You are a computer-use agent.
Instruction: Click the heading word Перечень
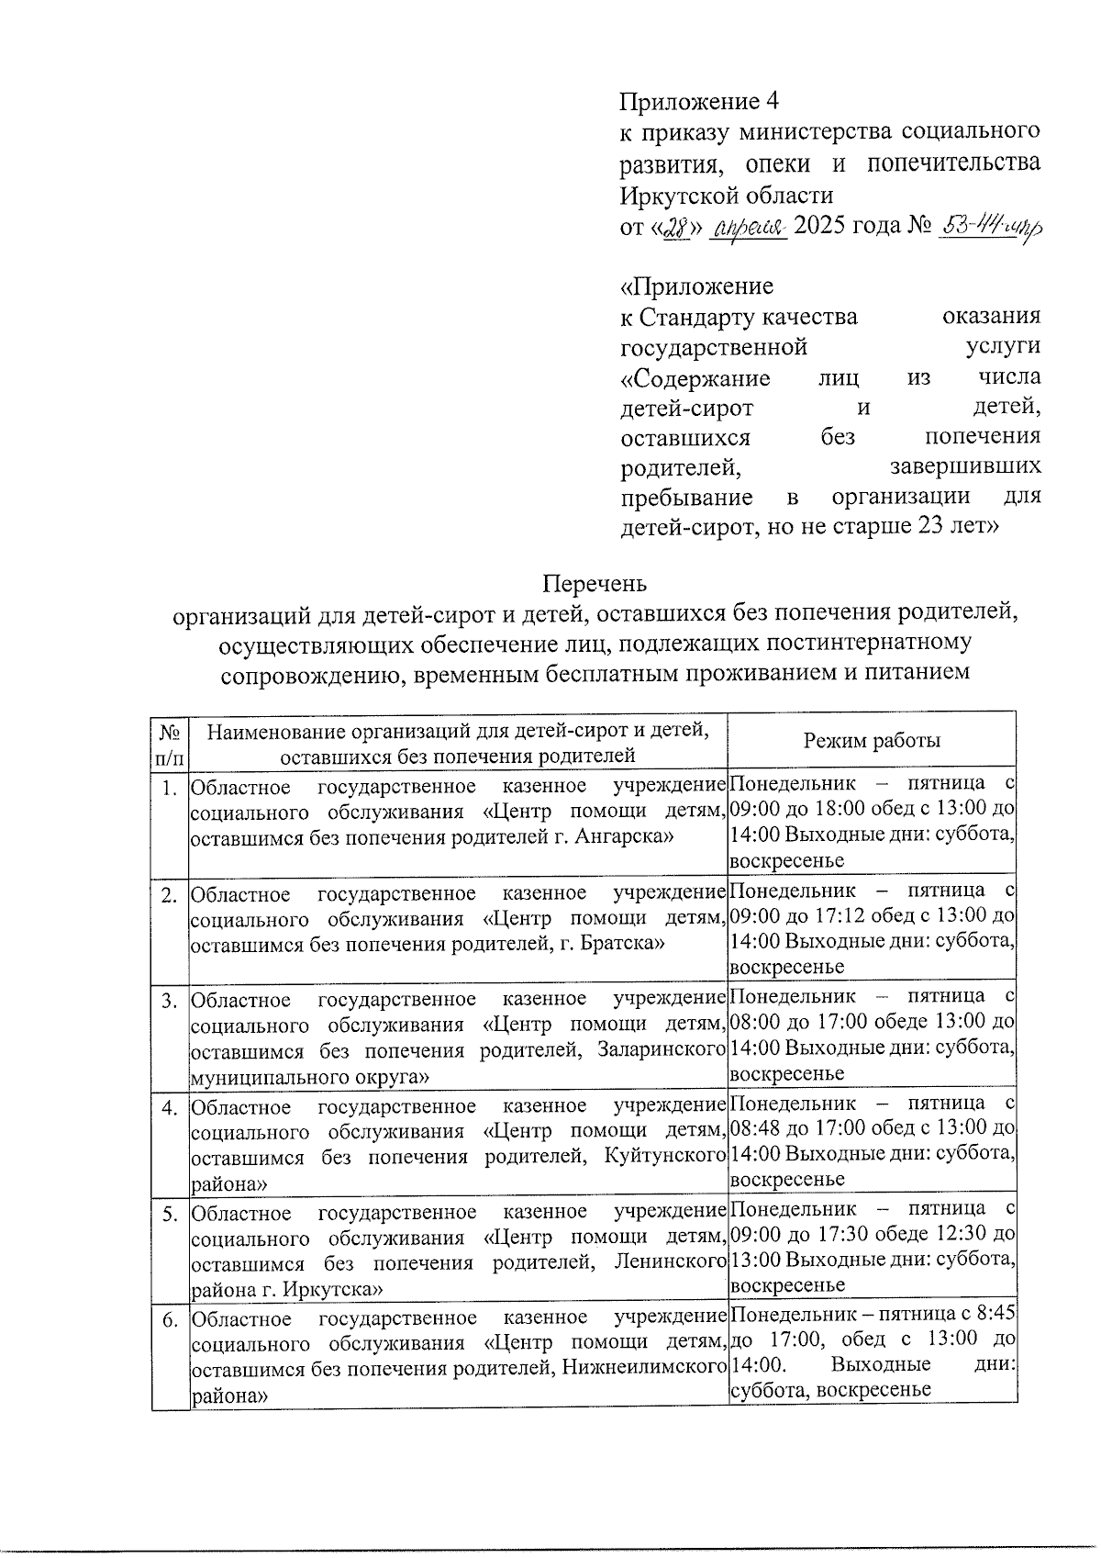point(595,584)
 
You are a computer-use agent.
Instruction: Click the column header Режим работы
point(872,741)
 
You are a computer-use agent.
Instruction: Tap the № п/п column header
point(170,744)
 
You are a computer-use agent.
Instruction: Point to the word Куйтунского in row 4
point(666,1156)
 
